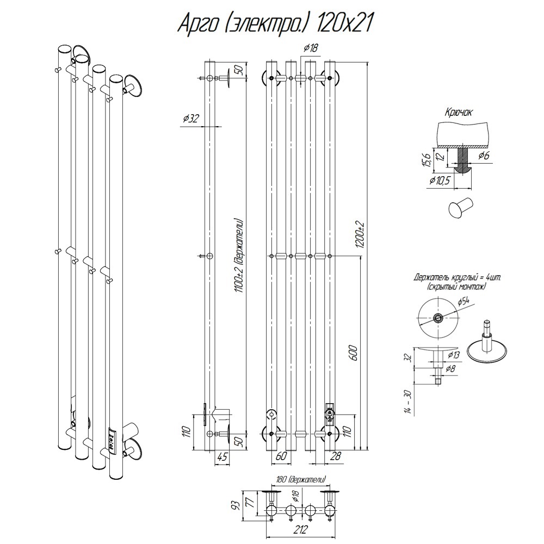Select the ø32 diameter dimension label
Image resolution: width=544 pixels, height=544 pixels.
(190, 119)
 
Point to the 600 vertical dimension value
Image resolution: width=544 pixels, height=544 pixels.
(353, 354)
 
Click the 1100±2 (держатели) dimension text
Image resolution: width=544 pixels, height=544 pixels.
(238, 256)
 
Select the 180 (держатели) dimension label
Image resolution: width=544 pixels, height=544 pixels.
(301, 480)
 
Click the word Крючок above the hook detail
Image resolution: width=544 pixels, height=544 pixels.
(458, 113)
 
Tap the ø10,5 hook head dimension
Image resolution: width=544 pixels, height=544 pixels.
(440, 180)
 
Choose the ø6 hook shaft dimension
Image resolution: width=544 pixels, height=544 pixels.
(483, 156)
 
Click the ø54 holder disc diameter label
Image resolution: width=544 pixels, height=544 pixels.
(463, 301)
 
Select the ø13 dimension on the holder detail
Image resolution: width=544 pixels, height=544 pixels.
(454, 355)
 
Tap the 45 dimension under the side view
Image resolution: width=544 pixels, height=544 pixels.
(221, 457)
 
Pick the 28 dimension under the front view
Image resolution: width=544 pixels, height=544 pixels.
(335, 456)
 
